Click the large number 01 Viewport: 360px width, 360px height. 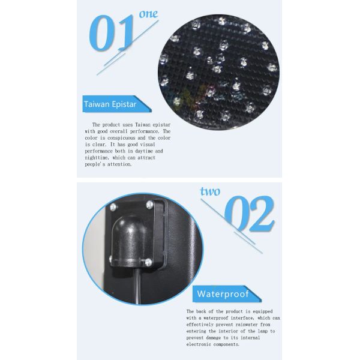112,33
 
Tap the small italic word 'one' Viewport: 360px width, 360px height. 148,14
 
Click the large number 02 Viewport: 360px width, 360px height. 250,214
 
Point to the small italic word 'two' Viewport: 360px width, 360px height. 210,191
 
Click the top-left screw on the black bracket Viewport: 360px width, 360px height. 113,207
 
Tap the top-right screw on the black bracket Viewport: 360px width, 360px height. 149,205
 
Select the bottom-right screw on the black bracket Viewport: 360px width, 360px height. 148,262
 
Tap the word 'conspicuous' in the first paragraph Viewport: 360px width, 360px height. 121,138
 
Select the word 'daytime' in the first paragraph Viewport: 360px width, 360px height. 144,151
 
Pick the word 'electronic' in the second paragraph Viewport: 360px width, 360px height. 199,344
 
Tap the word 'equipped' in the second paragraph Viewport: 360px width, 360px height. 263,311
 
